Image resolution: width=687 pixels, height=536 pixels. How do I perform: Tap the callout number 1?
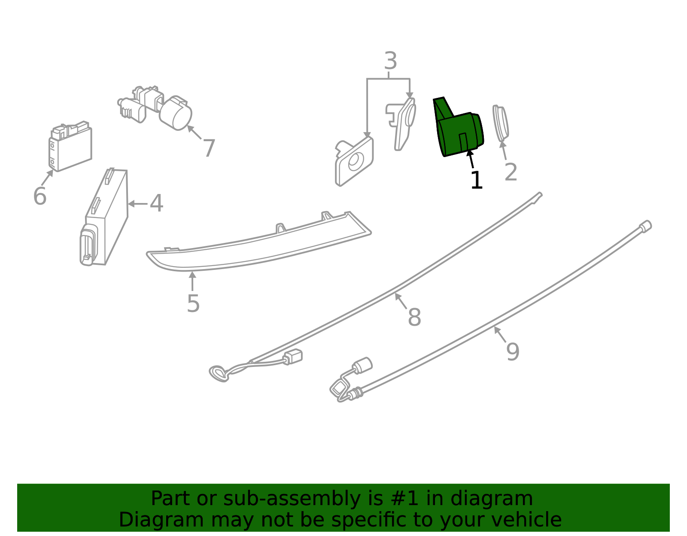click(x=476, y=181)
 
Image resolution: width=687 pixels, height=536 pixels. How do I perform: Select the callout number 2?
click(x=511, y=173)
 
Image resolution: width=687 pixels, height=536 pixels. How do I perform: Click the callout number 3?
click(x=390, y=61)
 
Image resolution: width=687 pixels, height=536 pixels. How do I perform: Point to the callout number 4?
click(x=157, y=203)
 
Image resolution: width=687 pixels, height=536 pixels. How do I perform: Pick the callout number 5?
click(x=193, y=304)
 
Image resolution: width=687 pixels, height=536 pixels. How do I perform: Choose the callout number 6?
click(x=40, y=197)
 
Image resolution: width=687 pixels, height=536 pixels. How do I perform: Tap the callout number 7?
click(x=209, y=148)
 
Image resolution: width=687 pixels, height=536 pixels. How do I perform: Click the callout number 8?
click(x=414, y=318)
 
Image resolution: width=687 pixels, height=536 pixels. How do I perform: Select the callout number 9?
click(x=513, y=352)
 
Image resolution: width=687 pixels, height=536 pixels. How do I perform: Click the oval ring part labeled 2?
click(x=500, y=124)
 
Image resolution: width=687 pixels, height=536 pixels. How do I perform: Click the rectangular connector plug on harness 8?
click(x=293, y=357)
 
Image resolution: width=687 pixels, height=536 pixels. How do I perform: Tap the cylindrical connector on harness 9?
click(x=363, y=365)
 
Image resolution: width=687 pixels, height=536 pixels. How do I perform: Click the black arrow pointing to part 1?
click(x=471, y=159)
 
